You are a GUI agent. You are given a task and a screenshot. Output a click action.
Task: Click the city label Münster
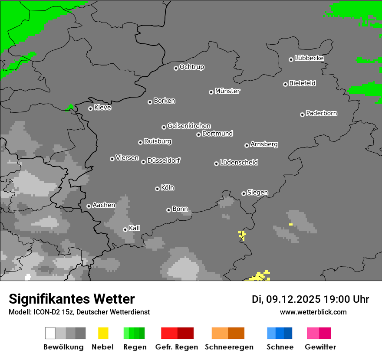pos(227,91)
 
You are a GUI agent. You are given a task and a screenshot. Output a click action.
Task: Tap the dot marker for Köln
pos(157,189)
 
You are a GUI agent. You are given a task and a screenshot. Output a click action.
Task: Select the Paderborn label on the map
pos(322,113)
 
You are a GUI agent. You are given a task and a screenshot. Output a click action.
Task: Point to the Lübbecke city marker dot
pos(291,59)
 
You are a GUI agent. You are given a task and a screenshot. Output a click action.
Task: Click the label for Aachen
pos(104,205)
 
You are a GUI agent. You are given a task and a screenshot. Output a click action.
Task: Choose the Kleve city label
pos(103,108)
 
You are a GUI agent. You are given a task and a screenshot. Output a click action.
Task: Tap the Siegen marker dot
pos(244,193)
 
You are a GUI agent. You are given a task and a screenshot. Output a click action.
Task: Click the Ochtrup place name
pos(192,67)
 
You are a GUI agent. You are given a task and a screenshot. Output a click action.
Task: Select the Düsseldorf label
pos(164,160)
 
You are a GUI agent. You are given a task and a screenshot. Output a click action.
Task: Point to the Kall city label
pos(135,228)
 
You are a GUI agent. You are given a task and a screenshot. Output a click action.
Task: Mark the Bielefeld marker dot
pos(285,84)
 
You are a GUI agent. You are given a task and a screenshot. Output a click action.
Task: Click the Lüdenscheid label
pos(239,163)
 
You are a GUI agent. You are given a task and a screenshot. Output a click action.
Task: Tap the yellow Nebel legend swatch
pos(103,333)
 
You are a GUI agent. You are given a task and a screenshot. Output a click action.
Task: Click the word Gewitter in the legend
pos(320,347)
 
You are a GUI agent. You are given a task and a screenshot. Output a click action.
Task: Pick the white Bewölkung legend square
pos(50,333)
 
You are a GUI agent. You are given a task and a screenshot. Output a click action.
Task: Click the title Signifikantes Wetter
pos(72,299)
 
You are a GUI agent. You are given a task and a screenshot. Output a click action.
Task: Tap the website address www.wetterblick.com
pos(313,312)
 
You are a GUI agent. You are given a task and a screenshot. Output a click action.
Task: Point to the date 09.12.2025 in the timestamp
pos(293,299)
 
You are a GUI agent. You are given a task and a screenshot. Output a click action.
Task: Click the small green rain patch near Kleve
pos(69,108)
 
